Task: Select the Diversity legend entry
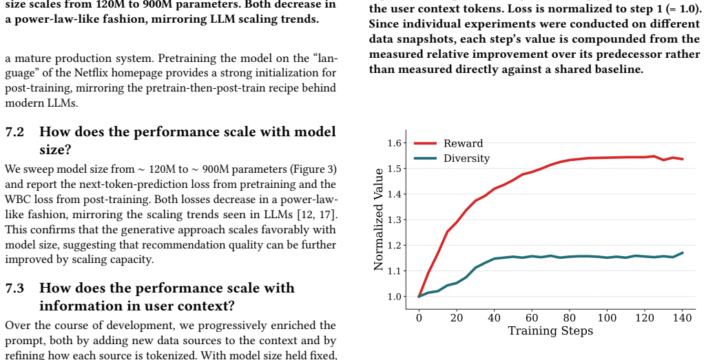click(452, 158)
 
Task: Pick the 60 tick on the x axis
click(532, 318)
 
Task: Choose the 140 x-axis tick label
click(682, 318)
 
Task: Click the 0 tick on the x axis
click(419, 318)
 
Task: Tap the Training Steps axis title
click(550, 331)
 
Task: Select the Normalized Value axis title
click(379, 220)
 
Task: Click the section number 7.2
click(14, 132)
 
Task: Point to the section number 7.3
click(14, 288)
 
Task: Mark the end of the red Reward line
click(683, 159)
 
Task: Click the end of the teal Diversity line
click(683, 253)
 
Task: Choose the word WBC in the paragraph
click(18, 200)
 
